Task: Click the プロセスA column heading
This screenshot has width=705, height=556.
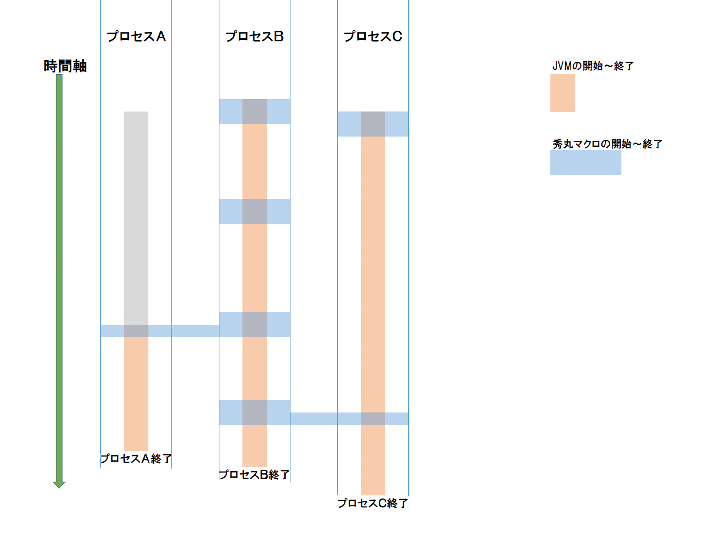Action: (136, 37)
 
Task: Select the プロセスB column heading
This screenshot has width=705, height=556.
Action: (254, 37)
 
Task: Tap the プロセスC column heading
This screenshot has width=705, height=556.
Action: (373, 37)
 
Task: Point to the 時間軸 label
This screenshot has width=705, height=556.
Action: (65, 66)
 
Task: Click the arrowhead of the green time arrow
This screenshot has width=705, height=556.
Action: (59, 484)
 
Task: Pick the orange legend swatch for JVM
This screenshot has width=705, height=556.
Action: (562, 93)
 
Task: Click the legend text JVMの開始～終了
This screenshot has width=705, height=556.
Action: (593, 66)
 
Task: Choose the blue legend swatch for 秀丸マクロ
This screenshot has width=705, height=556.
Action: (586, 162)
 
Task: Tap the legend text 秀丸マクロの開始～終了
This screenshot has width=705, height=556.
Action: (607, 144)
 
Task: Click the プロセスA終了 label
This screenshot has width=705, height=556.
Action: (136, 458)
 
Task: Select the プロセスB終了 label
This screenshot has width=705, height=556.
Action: (254, 474)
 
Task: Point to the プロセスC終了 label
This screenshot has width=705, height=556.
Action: (373, 503)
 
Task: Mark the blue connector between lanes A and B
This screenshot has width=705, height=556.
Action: (195, 331)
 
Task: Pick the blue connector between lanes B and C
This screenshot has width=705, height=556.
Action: (313, 419)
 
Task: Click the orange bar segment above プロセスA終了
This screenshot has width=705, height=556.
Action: (136, 394)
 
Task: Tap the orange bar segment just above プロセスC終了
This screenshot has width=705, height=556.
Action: (373, 460)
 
